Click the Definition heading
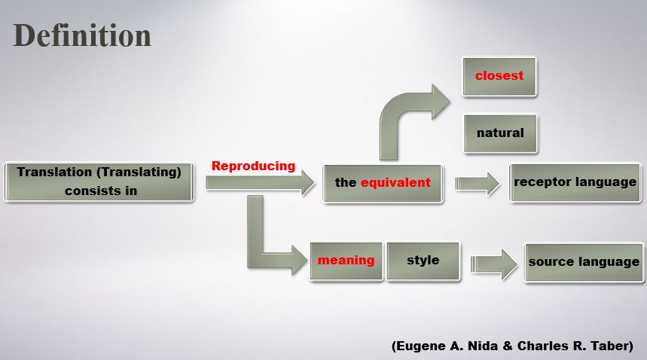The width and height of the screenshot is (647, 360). [x=82, y=36]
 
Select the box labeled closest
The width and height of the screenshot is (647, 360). [x=499, y=76]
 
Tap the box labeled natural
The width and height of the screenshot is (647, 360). [x=501, y=133]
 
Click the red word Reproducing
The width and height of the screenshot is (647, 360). [x=253, y=166]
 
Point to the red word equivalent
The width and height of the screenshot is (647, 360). [x=395, y=182]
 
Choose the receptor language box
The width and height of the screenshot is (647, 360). [x=575, y=183]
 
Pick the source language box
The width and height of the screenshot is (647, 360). [x=584, y=262]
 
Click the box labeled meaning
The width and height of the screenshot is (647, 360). [x=346, y=261]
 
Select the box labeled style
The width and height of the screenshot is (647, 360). [x=423, y=261]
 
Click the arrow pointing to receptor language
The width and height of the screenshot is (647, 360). [x=477, y=184]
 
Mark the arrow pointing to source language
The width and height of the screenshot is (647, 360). [x=494, y=264]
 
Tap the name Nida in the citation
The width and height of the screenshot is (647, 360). [x=482, y=346]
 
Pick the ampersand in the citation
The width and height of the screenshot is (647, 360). [x=508, y=346]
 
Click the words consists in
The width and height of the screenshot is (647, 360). [x=101, y=191]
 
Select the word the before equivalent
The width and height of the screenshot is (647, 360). [x=346, y=182]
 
